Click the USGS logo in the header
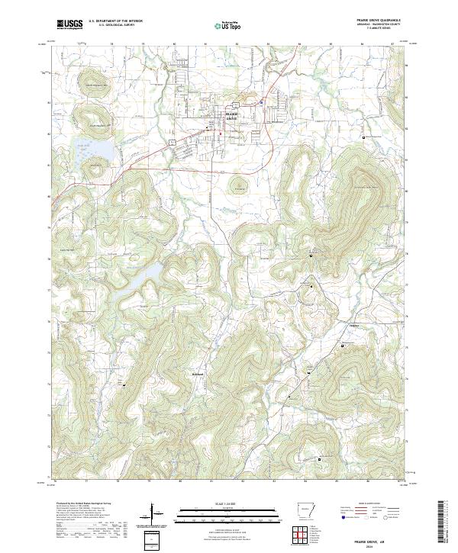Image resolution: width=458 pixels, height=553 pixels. tap(69, 24)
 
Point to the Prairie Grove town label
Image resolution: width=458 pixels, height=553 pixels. tap(232, 116)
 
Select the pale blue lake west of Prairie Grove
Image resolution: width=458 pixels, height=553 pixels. tap(95, 151)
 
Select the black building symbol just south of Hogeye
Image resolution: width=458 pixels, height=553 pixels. tap(341, 346)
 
